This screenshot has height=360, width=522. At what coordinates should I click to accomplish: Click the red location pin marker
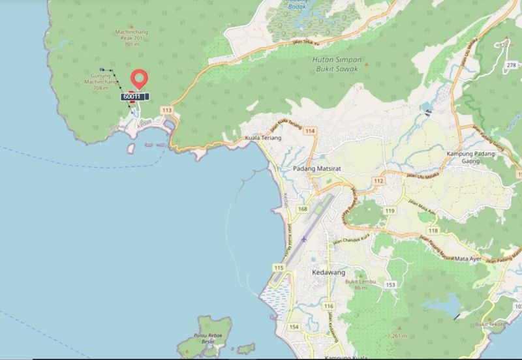coord(138,80)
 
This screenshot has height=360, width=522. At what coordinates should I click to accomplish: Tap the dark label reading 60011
coord(132,97)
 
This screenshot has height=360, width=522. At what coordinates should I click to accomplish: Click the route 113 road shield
coord(167,110)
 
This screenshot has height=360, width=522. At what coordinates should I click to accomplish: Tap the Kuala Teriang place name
coord(262,139)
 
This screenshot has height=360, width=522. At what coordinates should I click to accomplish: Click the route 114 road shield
coord(309,131)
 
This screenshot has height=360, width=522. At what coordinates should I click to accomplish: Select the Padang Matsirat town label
coord(318,168)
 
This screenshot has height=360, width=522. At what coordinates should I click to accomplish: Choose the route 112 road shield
coord(378,180)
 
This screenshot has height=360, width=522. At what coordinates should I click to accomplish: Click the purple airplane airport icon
coord(304,239)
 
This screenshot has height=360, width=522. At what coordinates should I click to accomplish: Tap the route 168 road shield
coord(302,209)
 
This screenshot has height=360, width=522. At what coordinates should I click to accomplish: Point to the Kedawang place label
coord(330,271)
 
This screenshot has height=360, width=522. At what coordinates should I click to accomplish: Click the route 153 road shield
coord(391,284)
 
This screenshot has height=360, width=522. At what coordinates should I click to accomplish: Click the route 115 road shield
coord(279,268)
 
